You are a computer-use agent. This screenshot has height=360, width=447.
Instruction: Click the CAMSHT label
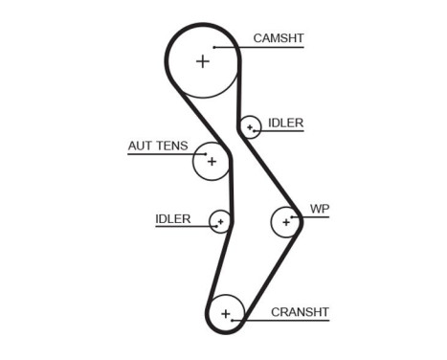coord(279,38)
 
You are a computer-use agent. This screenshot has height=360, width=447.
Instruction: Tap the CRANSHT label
coord(300,312)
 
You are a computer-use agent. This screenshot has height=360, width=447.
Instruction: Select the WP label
coord(319,208)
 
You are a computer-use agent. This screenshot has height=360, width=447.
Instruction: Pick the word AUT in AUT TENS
coord(140,146)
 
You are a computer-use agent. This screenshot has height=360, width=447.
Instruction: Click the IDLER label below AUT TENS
coord(173,219)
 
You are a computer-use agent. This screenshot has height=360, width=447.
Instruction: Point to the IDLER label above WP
coord(285,123)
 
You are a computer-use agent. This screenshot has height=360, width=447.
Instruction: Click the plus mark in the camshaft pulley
coord(202,61)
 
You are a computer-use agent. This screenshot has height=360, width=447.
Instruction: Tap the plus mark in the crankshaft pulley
coord(226,313)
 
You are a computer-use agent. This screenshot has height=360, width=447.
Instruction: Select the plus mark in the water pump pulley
coord(285,222)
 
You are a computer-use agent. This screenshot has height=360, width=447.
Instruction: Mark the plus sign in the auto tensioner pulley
coord(212,161)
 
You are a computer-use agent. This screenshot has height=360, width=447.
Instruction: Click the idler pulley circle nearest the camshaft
coord(250,126)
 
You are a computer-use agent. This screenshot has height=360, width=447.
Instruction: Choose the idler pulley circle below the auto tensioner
coord(220,222)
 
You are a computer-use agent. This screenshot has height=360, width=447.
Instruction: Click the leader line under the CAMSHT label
coord(258,47)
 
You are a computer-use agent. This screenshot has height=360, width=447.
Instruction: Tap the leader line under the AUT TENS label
coord(163,154)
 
